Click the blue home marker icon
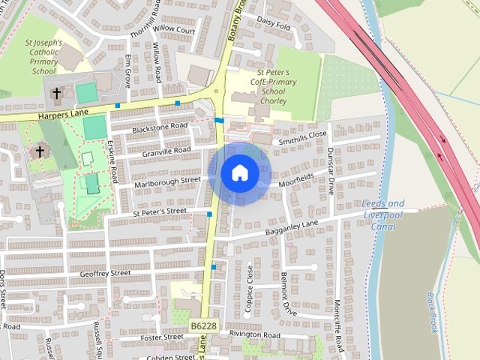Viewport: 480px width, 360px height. pos(239,173)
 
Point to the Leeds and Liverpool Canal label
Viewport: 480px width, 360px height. pos(382,214)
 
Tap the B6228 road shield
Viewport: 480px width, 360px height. pos(202,326)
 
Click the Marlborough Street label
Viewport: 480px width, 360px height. pos(168,181)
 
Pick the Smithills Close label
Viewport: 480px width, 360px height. pos(302,137)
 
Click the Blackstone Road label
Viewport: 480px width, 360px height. pos(159,127)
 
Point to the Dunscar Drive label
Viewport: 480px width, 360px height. pos(331,169)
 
